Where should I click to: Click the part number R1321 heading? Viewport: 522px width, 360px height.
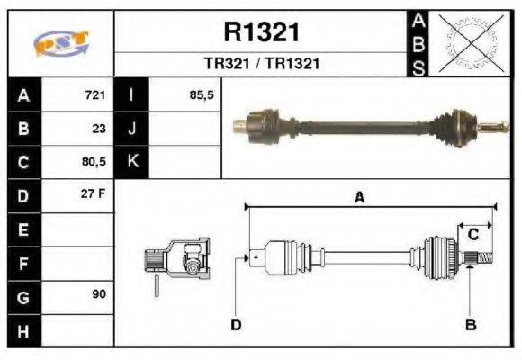tap(261, 33)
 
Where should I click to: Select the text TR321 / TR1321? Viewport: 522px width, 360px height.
tap(261, 65)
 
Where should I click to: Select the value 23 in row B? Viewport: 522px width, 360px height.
tap(99, 129)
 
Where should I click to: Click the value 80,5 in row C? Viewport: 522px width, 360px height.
tap(94, 163)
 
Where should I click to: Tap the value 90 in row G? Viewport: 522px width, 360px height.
tap(98, 295)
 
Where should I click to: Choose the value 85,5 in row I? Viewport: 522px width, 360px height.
tap(202, 95)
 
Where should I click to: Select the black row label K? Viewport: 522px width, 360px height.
tap(132, 163)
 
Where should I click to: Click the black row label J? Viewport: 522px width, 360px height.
tap(132, 129)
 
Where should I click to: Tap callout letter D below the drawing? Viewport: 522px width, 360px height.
tap(236, 324)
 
